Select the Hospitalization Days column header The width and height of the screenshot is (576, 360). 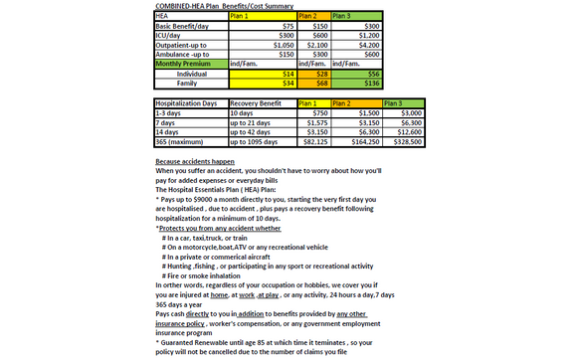pyautogui.click(x=188, y=102)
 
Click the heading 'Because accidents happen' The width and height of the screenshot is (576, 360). pyautogui.click(x=195, y=161)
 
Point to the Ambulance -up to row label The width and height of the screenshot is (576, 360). pyautogui.click(x=178, y=55)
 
